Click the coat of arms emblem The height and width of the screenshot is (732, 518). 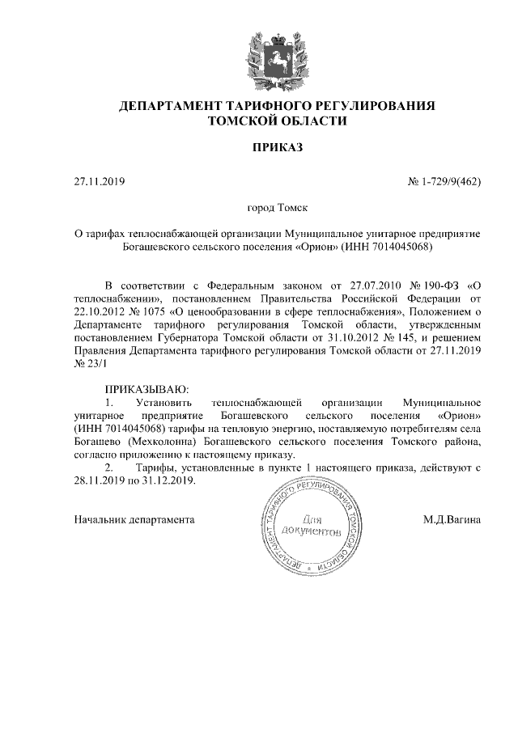pos(259,56)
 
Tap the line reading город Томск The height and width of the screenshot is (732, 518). pos(259,208)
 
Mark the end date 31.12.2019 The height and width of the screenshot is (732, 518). pos(168,480)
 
